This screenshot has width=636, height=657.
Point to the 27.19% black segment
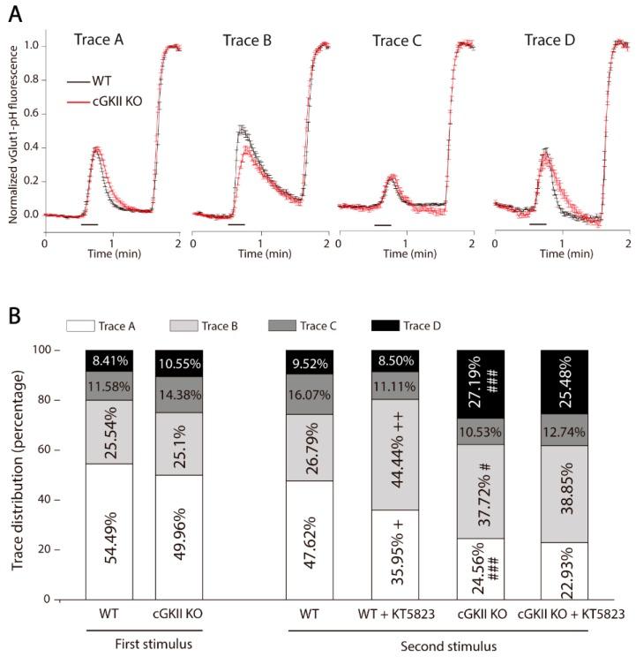coord(482,381)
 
